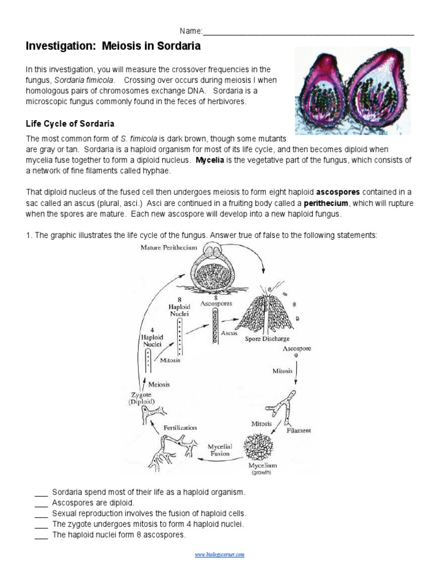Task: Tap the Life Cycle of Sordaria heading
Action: tap(70, 124)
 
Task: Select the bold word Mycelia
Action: tap(210, 160)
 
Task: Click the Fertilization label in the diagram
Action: tap(180, 427)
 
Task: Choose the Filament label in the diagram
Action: tap(298, 430)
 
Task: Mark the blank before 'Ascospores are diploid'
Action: tap(41, 503)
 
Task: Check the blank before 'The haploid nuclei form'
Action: tap(41, 536)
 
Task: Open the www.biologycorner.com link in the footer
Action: tap(219, 555)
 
